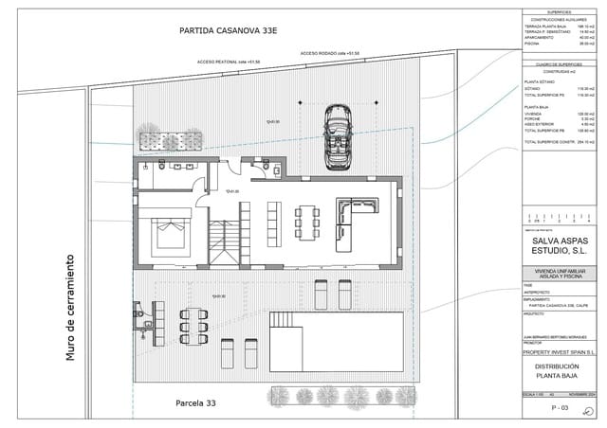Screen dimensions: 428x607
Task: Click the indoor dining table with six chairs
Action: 304,223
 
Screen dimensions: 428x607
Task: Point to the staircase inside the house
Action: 224,242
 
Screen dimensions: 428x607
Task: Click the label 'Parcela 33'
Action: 195,403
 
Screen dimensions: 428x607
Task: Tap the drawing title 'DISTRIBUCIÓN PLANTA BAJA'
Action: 560,370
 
